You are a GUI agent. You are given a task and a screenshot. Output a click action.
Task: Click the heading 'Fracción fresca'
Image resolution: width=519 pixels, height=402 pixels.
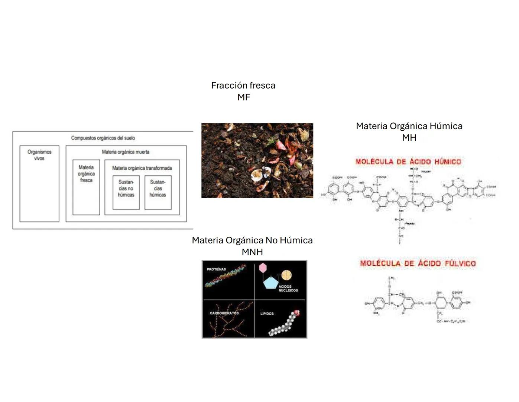click(x=243, y=85)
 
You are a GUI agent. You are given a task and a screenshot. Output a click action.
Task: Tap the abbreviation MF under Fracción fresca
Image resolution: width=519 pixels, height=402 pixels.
click(x=244, y=97)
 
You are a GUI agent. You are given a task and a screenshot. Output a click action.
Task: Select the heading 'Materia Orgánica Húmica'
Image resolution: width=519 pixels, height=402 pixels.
click(x=409, y=126)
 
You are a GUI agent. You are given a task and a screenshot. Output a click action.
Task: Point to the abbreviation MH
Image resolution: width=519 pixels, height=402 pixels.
click(x=409, y=137)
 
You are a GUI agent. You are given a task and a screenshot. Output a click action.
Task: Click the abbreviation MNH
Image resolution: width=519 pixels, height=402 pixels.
click(x=252, y=252)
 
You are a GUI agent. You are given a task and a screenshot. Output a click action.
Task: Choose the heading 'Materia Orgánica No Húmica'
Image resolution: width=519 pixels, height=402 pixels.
click(x=252, y=240)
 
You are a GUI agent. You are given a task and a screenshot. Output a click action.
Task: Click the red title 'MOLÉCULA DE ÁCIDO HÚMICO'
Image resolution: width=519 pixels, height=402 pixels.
click(x=408, y=162)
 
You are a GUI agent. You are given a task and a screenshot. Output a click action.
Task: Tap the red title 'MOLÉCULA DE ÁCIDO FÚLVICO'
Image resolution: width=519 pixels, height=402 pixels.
click(x=418, y=263)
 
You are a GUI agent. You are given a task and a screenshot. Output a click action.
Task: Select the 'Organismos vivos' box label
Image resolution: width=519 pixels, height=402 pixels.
click(x=39, y=155)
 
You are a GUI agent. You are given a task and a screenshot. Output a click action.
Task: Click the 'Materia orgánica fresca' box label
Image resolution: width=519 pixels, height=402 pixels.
click(x=86, y=174)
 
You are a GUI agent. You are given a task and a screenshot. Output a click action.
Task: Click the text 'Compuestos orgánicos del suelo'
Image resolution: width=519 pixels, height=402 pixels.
click(x=103, y=138)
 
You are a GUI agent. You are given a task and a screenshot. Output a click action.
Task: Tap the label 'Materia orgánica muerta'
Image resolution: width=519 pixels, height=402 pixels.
click(x=126, y=152)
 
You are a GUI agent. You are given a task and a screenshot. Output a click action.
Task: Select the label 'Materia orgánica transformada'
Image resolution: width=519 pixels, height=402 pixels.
click(x=142, y=168)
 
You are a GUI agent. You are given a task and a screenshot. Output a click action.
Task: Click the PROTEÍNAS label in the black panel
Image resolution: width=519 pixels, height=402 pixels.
click(x=216, y=269)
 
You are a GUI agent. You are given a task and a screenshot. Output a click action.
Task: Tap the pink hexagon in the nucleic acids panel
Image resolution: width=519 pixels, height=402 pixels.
click(x=263, y=267)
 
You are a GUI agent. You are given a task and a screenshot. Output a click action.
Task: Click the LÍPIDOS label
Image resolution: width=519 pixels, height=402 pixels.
click(x=267, y=313)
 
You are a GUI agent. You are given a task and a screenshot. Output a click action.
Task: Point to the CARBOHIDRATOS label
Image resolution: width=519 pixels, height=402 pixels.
click(x=224, y=313)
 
